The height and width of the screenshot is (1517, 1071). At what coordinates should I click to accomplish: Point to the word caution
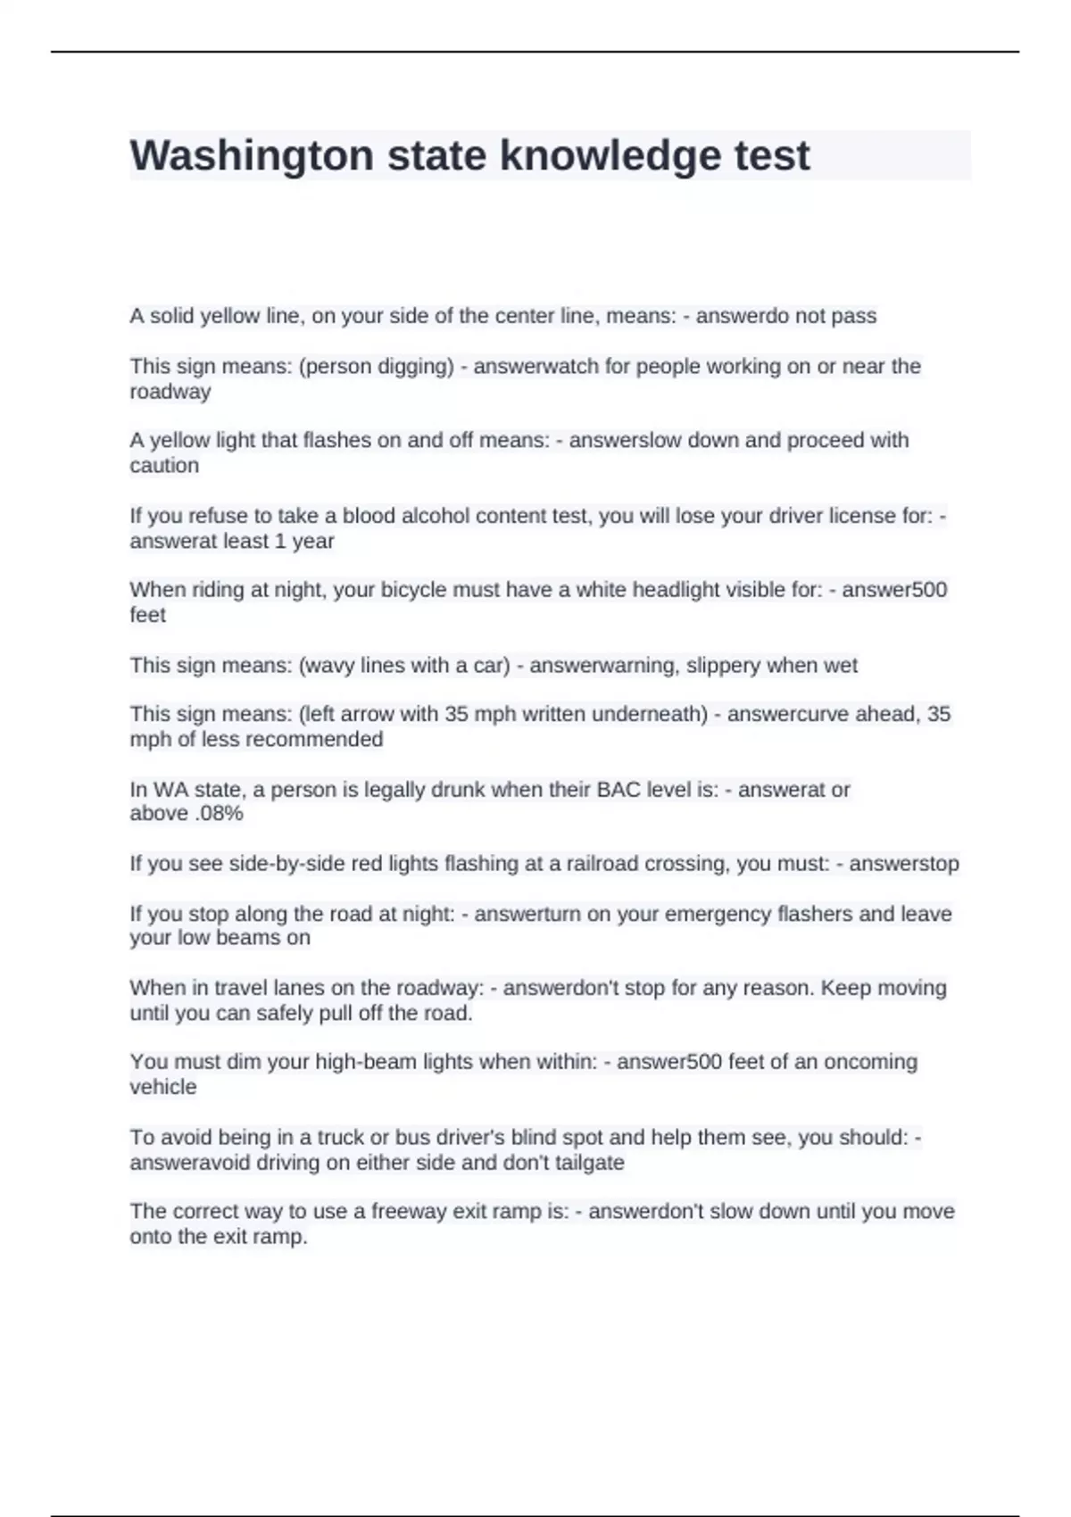pyautogui.click(x=164, y=465)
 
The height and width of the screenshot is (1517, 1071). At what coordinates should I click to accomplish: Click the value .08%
pyautogui.click(x=219, y=814)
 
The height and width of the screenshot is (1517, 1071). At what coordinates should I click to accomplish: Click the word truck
pyautogui.click(x=342, y=1138)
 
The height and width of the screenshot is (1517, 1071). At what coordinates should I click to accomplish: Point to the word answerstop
pyautogui.click(x=904, y=864)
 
